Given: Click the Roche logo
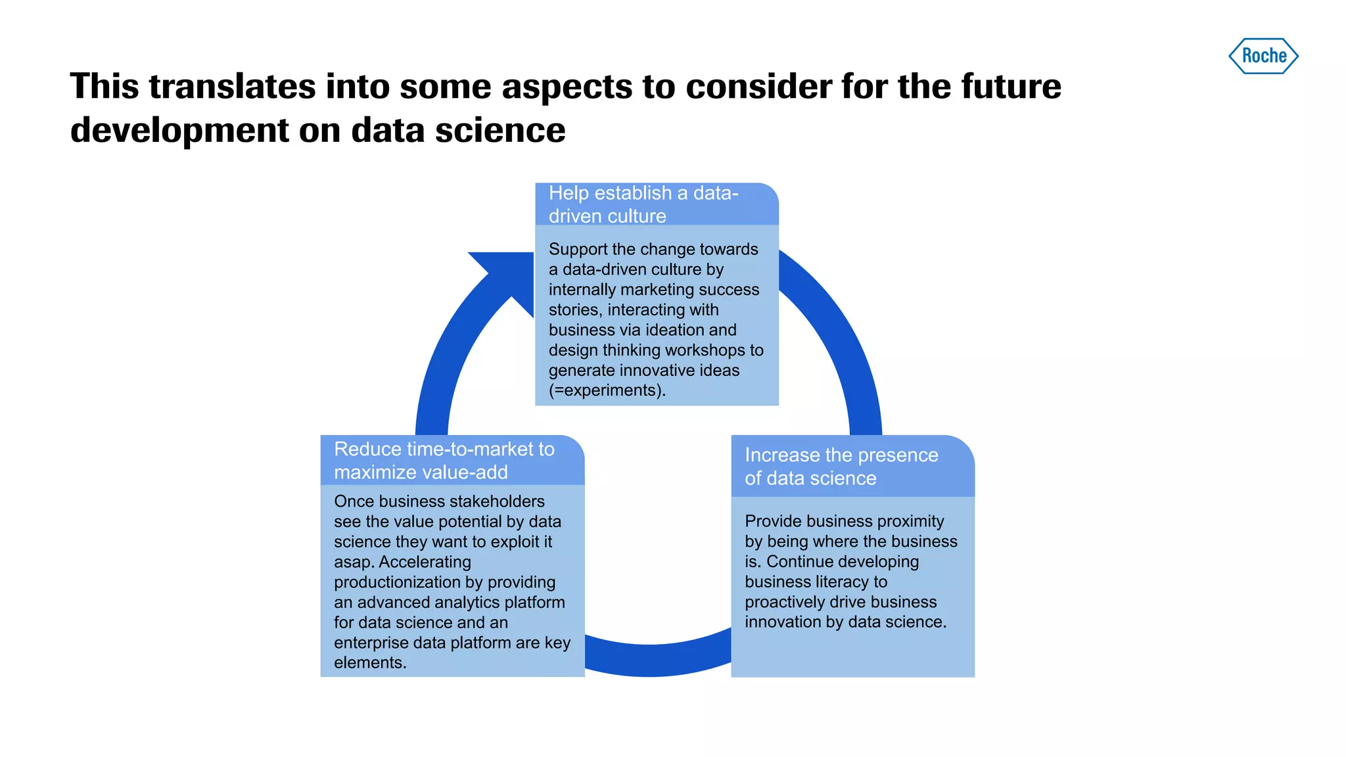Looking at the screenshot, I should click(1263, 56).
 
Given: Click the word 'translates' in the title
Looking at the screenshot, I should click(232, 87).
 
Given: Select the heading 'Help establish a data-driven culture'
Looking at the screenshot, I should click(643, 204).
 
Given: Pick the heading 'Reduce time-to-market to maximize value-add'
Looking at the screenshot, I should click(444, 460).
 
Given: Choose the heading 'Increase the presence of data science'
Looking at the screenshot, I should click(841, 466).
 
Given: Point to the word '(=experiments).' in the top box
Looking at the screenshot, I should click(607, 390).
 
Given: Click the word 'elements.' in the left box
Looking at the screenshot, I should click(370, 662).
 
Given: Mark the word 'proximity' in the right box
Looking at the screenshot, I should click(910, 521).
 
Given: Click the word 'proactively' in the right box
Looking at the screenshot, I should click(787, 602).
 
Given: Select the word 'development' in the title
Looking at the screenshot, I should click(179, 130).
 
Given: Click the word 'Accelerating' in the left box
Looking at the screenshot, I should click(425, 562).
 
